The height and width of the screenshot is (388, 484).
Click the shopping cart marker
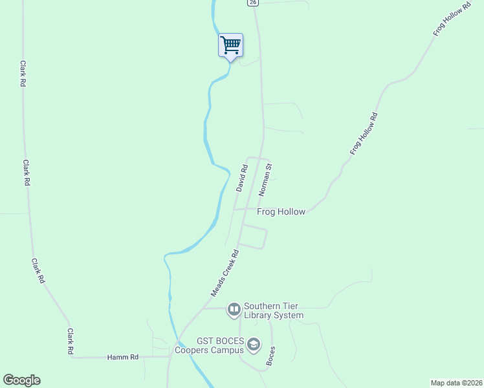[x=230, y=45]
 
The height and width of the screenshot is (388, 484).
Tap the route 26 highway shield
[x=252, y=3]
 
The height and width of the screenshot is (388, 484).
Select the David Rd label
[x=242, y=178]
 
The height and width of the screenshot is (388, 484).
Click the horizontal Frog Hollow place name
[x=281, y=211]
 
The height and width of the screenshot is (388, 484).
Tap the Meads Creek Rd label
[x=225, y=274]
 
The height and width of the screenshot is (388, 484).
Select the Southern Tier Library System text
[x=273, y=311]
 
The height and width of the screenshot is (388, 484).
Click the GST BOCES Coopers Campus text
[x=221, y=346]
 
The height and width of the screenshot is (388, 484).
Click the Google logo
[x=21, y=380]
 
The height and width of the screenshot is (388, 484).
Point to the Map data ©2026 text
[x=456, y=383]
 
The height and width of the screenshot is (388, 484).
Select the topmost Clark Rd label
[x=23, y=74]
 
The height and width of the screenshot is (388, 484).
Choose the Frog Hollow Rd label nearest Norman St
[x=364, y=133]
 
